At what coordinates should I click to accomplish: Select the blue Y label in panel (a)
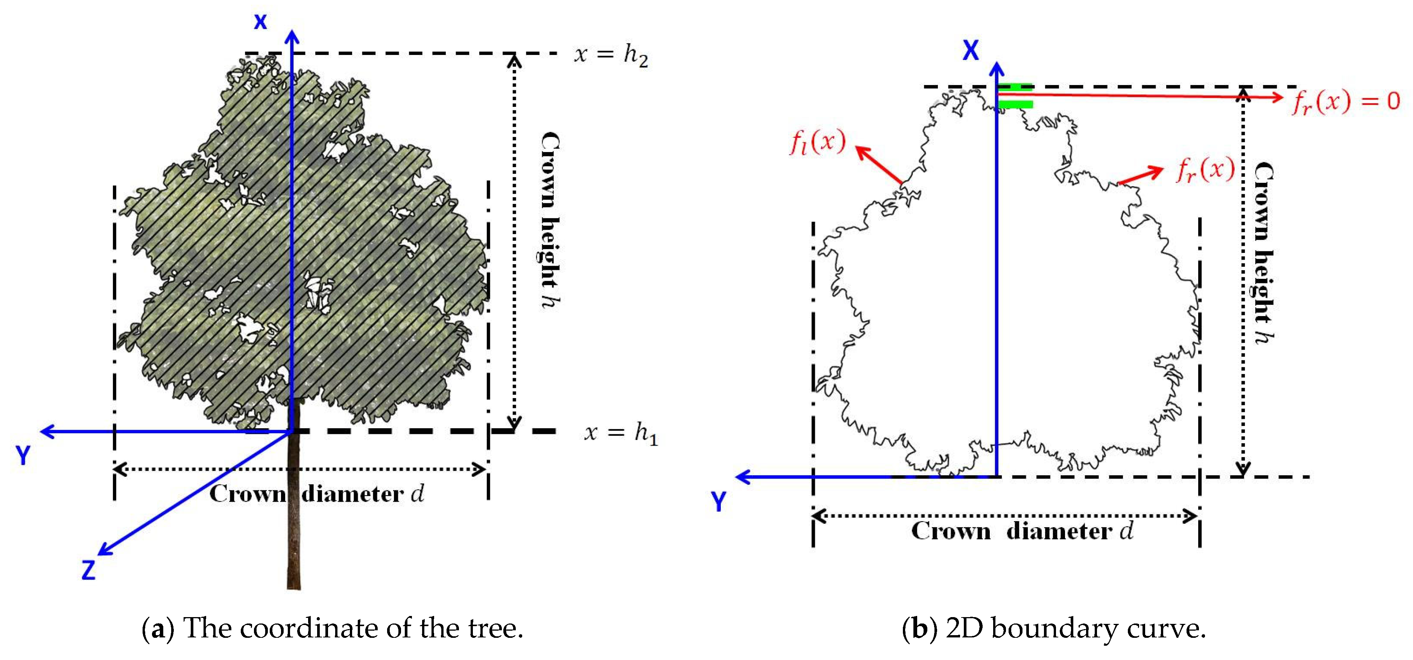pos(23,455)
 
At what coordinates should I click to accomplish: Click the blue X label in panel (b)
pos(970,50)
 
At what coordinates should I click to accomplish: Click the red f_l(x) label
pos(817,142)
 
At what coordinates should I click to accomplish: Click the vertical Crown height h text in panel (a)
pos(550,219)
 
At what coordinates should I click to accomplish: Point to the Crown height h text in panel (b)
pos(1264,252)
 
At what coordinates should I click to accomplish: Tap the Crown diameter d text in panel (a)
pos(316,494)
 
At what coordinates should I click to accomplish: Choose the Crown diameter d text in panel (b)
pos(1022,531)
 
